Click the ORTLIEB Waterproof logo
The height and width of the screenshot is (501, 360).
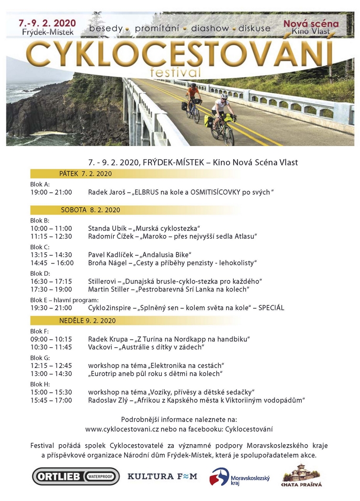(x=75, y=476)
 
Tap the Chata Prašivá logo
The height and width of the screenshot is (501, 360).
(x=302, y=476)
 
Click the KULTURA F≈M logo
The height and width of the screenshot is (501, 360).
(x=162, y=476)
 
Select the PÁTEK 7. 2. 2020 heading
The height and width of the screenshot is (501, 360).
(x=85, y=173)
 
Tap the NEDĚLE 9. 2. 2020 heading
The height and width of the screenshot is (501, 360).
(x=87, y=321)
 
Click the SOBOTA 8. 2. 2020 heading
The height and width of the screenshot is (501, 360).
(x=90, y=210)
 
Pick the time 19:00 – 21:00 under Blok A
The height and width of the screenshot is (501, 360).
(x=51, y=192)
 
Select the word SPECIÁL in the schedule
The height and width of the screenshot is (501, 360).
(x=271, y=308)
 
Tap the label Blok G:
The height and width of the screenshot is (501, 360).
(x=39, y=357)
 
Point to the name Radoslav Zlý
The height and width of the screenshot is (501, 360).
(x=108, y=400)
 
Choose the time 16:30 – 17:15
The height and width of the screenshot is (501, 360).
(x=51, y=281)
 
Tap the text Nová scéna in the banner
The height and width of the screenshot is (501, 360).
(x=311, y=23)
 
